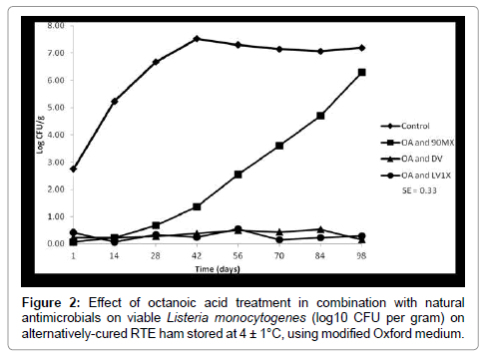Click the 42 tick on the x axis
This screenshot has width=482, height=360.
[197, 255]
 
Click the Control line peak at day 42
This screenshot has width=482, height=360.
[197, 39]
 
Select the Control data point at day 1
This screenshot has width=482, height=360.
[74, 169]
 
